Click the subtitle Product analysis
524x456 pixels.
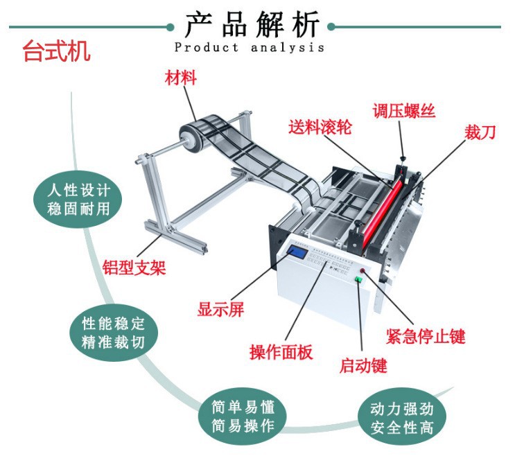[x=249, y=48]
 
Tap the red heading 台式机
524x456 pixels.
[x=56, y=51]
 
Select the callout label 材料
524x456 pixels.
[x=180, y=78]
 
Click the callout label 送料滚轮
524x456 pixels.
[x=320, y=128]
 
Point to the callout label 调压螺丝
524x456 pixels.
[x=403, y=110]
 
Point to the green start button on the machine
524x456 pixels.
[x=359, y=279]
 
